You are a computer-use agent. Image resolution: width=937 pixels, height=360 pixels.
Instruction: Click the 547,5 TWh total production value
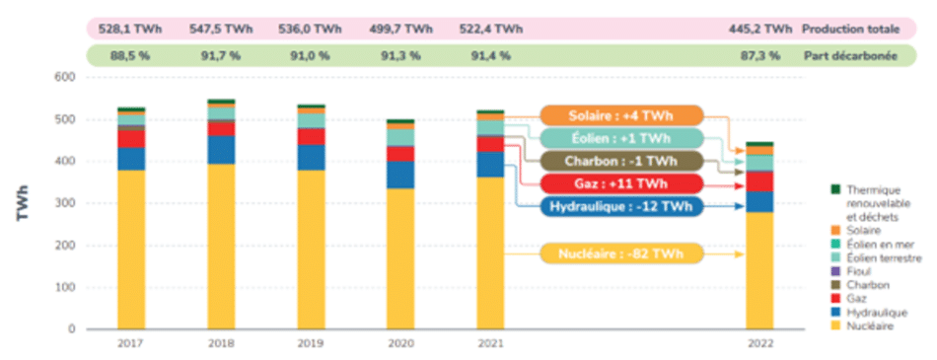tap(221, 30)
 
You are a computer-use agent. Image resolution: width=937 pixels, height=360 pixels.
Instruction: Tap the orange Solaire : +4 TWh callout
tap(620, 116)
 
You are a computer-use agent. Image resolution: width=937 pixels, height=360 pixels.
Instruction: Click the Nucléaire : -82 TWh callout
tap(620, 254)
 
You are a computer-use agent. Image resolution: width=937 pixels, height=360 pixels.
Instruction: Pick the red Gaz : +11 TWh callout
tap(620, 184)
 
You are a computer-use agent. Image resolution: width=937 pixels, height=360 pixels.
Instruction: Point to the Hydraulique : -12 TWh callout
tap(620, 207)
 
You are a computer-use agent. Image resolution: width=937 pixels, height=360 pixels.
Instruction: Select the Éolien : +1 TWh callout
tap(620, 139)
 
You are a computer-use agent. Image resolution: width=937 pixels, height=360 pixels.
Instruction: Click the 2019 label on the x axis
tap(311, 342)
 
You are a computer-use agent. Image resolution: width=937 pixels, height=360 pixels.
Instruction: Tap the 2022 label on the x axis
tap(759, 342)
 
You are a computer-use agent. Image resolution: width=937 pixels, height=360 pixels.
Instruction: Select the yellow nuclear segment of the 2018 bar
tap(221, 247)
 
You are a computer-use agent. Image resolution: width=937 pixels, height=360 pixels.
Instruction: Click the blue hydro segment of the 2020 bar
tap(399, 175)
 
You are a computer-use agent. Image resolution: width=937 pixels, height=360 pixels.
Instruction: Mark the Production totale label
tap(849, 30)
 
